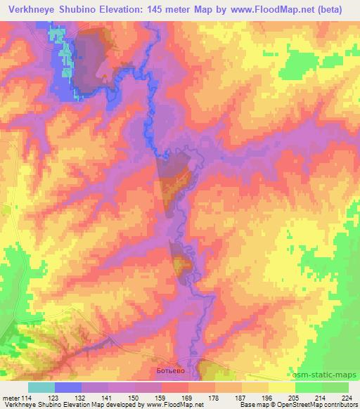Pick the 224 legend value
coord(348,398)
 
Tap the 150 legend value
coord(134,398)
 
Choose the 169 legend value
coord(188,398)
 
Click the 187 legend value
coord(241,398)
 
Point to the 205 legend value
coord(295,398)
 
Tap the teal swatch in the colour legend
coord(41,387)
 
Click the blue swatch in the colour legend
coord(67,387)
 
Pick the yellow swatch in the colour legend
coord(281,387)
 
